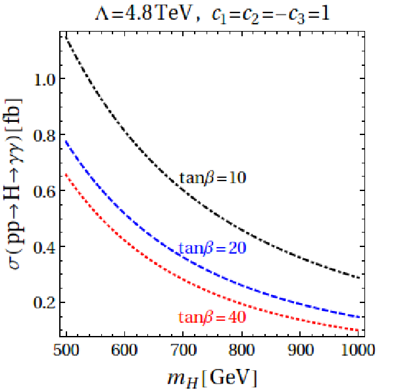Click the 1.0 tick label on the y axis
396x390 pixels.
coord(44,80)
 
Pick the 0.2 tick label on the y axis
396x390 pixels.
coord(44,303)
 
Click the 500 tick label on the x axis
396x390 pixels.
coord(66,350)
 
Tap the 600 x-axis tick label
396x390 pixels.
coord(124,350)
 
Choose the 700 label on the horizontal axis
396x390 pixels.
coord(184,350)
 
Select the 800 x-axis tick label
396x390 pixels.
coord(241,350)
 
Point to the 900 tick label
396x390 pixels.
coord(300,350)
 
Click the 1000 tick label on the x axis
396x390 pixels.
coord(358,350)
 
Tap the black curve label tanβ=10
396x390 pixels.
coord(212,178)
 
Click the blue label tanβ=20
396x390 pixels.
coord(212,248)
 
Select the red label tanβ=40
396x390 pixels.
coord(212,317)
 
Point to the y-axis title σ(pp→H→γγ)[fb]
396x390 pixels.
coord(14,184)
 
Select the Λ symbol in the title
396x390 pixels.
coord(102,14)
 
